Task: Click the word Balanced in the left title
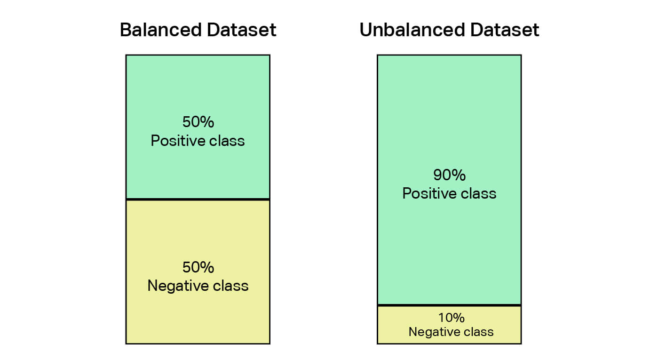(161, 30)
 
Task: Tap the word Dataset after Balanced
(241, 30)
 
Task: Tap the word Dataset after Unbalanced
(504, 30)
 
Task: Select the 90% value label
(449, 175)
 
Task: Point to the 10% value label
(451, 318)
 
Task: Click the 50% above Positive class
(198, 121)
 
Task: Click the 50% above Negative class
(198, 267)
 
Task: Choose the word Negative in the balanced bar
(178, 286)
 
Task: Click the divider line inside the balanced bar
(198, 200)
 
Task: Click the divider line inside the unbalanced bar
(449, 305)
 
